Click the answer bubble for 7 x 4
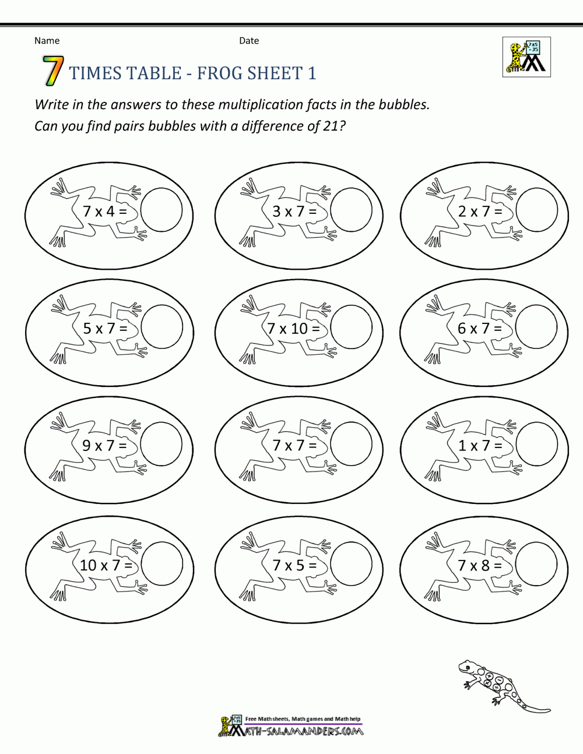(x=162, y=209)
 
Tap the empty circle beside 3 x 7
(x=351, y=209)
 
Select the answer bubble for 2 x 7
(x=537, y=209)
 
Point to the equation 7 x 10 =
(x=293, y=329)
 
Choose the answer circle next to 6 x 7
(x=537, y=326)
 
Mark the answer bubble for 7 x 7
(x=351, y=444)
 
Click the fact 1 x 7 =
(x=480, y=446)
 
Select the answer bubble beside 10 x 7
(x=162, y=563)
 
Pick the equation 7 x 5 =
(x=294, y=565)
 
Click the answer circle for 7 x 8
(x=537, y=563)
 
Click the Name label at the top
(x=47, y=40)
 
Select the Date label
(x=249, y=40)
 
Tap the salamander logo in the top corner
(x=526, y=57)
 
